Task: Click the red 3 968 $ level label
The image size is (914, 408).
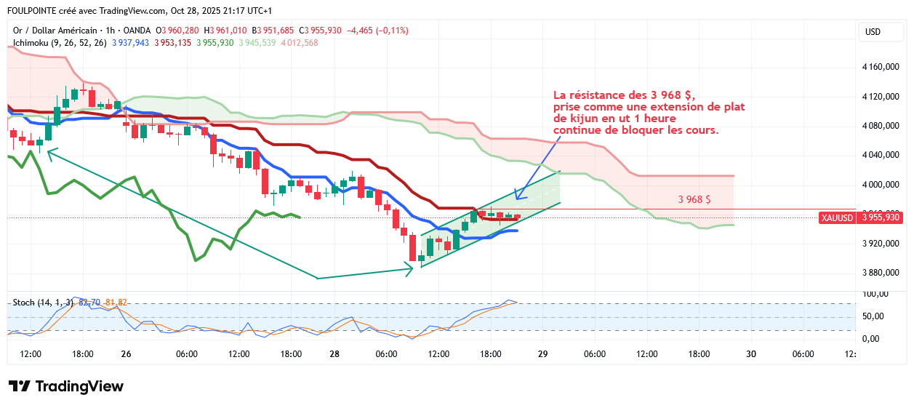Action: coord(694,199)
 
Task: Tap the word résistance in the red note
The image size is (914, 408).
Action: coord(598,95)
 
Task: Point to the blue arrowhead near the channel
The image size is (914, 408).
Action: coord(517,196)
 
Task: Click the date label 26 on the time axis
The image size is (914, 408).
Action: coord(127,354)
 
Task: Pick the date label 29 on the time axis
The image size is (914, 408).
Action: coord(542,354)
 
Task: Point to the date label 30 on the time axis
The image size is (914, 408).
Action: coord(751,354)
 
